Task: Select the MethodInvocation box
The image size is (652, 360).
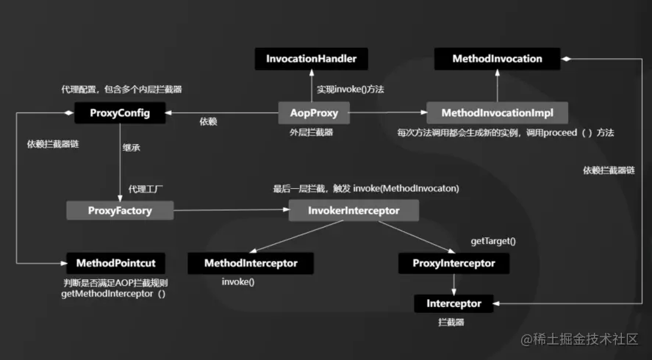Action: [x=498, y=59]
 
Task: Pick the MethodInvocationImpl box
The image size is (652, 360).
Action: [x=498, y=113]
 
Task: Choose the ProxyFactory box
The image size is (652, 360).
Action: [x=120, y=211]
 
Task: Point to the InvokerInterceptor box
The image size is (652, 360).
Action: [x=354, y=211]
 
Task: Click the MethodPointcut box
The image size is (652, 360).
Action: [x=116, y=262]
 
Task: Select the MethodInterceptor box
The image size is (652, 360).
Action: [x=251, y=263]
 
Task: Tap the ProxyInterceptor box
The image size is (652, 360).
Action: [x=454, y=263]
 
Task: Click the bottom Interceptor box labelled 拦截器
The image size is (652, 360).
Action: [x=454, y=303]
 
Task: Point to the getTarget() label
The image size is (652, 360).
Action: [x=492, y=241]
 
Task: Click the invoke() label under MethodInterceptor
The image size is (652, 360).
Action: [x=237, y=281]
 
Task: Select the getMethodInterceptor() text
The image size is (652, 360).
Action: [x=115, y=294]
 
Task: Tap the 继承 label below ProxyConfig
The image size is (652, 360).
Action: [x=132, y=146]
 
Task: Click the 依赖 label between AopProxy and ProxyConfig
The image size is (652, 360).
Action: [x=209, y=121]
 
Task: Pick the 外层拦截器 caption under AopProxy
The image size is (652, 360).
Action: [x=312, y=132]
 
